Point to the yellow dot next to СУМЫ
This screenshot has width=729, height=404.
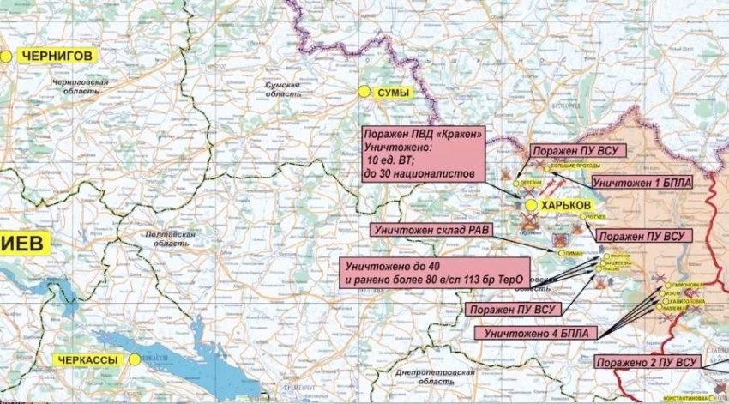click(364, 92)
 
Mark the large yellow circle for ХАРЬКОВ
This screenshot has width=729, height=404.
click(532, 207)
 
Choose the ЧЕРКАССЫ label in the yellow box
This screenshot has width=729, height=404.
click(87, 360)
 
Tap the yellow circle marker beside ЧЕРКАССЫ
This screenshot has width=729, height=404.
click(134, 360)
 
